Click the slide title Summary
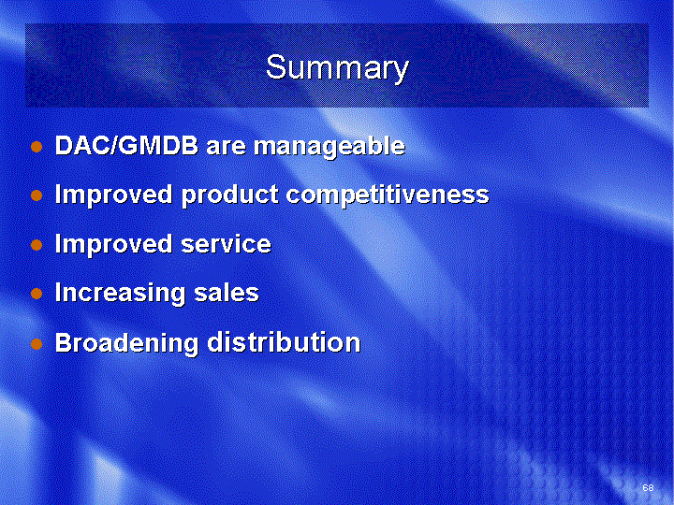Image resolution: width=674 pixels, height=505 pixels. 337,68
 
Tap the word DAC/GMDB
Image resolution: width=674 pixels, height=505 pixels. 126,146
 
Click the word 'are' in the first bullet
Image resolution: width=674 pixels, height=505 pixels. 226,148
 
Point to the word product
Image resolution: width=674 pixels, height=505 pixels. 230,195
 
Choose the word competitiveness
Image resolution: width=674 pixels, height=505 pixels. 388,195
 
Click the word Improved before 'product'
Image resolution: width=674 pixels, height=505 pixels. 114,195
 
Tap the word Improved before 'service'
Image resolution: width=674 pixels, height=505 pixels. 114,245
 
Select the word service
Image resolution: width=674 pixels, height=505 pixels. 227,244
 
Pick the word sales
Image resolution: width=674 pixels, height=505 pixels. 227,293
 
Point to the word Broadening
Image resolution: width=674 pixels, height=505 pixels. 126,343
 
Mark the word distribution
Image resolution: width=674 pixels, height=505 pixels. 284,342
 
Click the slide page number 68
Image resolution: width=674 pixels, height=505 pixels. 648,487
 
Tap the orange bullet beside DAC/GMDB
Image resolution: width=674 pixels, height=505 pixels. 37,147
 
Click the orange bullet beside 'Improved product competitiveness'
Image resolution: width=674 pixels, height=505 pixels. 37,195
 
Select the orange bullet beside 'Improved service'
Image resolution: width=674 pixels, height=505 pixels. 37,245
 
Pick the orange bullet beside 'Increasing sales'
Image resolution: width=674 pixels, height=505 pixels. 37,295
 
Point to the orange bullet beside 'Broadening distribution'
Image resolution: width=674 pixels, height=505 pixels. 37,343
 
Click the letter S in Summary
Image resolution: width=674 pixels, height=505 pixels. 276,66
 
